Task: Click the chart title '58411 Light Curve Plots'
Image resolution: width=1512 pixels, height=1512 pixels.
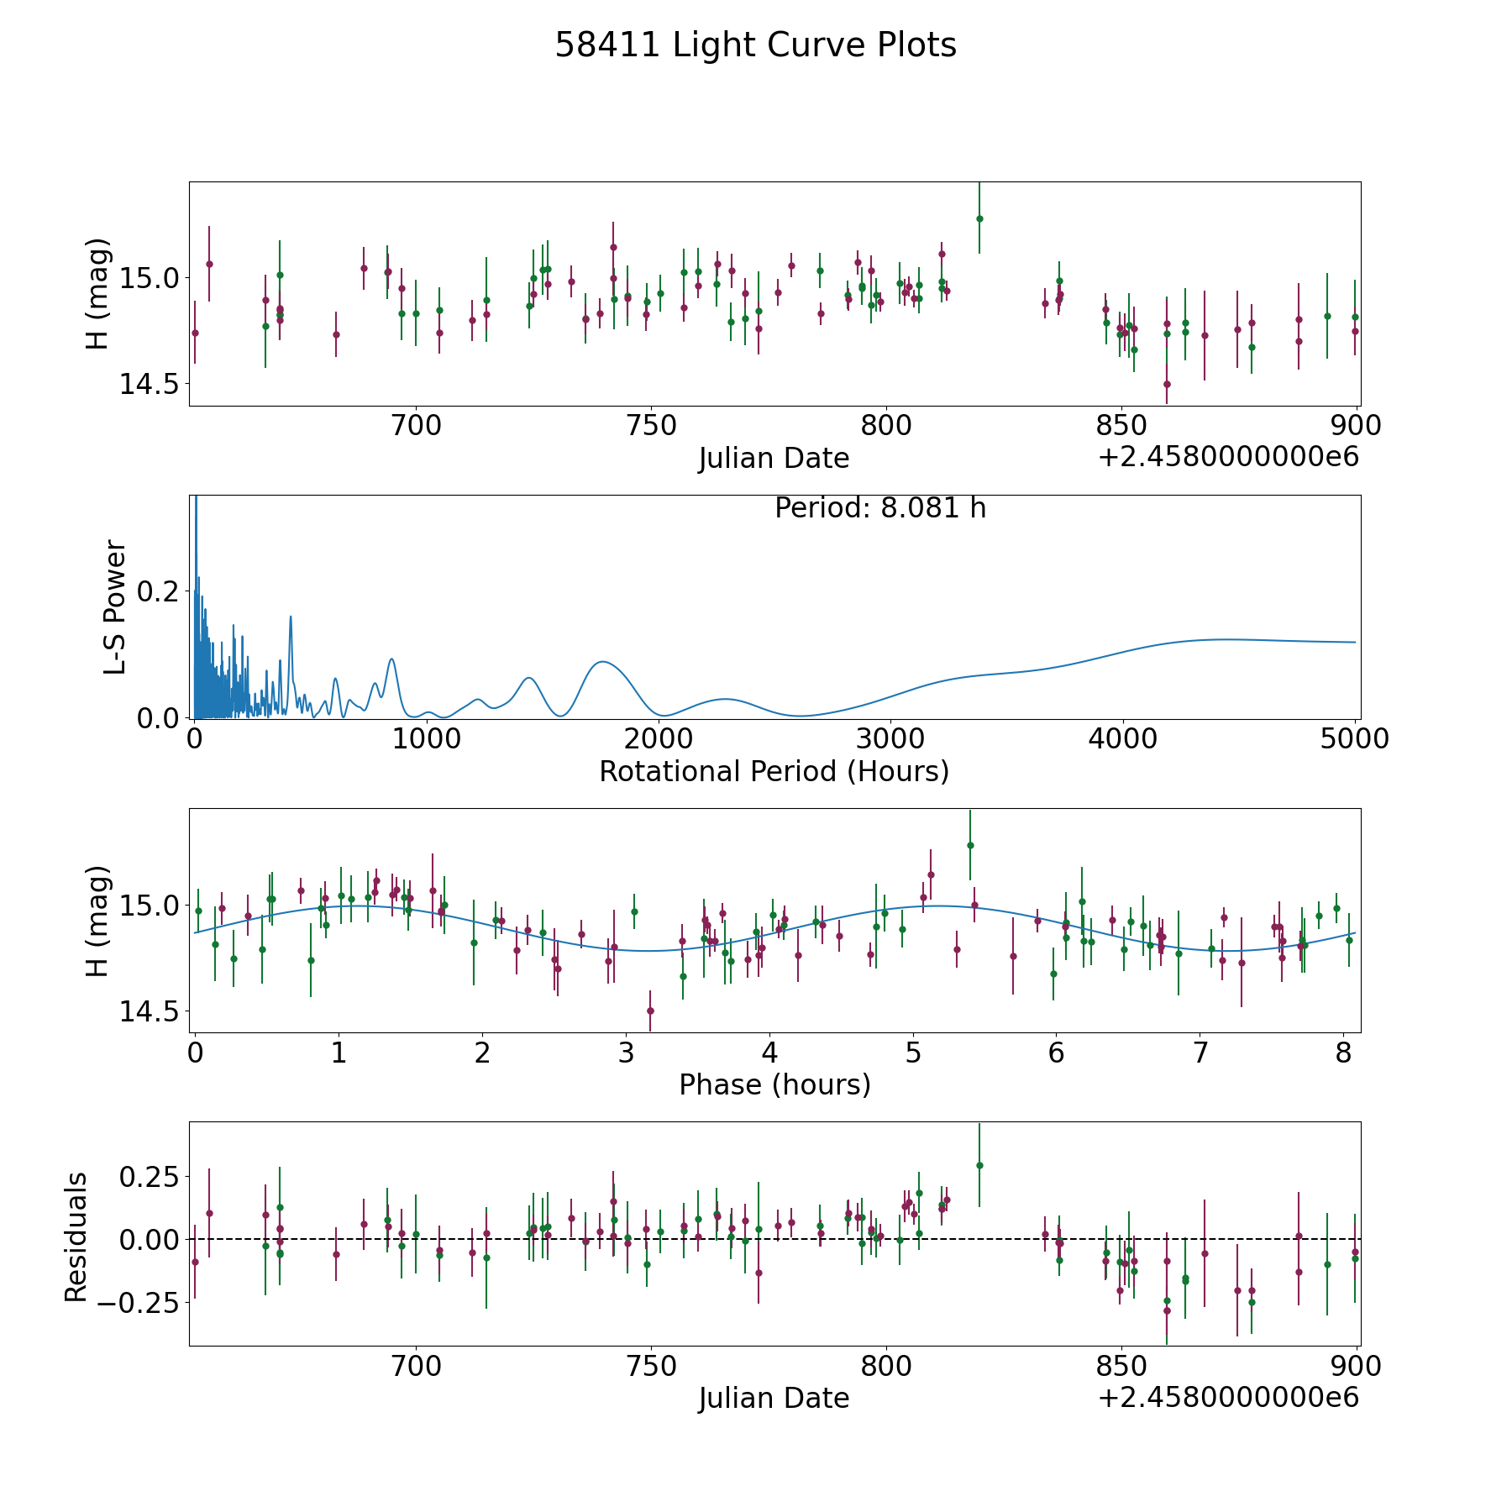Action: (755, 45)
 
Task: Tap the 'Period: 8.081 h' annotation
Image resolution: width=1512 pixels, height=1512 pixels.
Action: (879, 508)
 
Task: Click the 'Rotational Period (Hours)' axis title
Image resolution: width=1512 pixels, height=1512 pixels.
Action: (774, 771)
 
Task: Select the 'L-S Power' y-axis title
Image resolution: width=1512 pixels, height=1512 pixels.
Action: (115, 607)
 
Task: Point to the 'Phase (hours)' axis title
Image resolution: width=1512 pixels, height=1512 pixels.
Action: (774, 1084)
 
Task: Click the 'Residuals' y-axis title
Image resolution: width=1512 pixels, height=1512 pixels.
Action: (76, 1237)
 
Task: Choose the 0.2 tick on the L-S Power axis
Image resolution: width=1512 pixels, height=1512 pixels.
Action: (159, 591)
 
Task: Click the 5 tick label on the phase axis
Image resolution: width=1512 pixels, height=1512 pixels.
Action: (913, 1053)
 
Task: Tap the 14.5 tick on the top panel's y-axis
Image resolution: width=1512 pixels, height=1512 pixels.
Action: (149, 384)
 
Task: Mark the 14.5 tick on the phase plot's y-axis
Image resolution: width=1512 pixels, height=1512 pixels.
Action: (149, 1011)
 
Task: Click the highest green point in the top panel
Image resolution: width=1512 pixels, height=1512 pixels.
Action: (979, 218)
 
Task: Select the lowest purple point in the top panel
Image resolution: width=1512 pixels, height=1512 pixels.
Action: (1167, 384)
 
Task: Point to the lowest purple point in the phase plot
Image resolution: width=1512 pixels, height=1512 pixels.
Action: (650, 1011)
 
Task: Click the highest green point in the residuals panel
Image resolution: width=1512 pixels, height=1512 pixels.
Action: (979, 1165)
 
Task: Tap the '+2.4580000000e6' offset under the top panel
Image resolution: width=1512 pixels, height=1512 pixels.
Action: (1228, 458)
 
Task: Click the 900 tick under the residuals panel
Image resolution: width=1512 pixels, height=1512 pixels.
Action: (1356, 1366)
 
